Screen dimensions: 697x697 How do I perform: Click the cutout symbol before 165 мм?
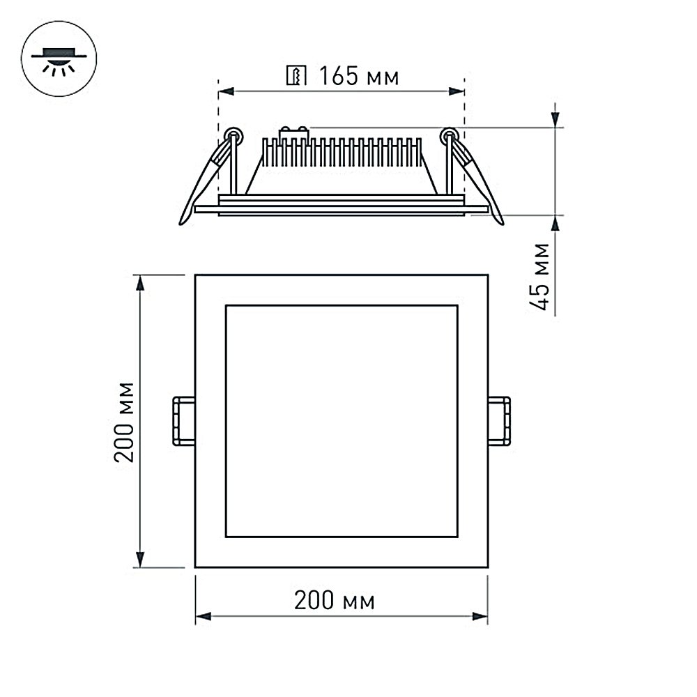point(296,75)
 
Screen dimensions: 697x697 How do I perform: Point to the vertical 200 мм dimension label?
point(125,422)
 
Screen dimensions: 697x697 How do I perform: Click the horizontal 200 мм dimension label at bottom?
point(334,600)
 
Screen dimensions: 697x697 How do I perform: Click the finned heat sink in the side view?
point(342,153)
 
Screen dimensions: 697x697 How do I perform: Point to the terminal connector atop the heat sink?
point(293,131)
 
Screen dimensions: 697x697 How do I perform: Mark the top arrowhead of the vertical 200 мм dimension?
point(140,282)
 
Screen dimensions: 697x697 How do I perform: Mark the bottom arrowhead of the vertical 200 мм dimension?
point(140,561)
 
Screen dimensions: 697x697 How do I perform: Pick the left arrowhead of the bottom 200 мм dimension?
point(202,616)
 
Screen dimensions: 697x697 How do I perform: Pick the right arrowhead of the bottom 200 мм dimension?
point(481,616)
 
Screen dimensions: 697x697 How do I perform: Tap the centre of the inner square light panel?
point(342,421)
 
